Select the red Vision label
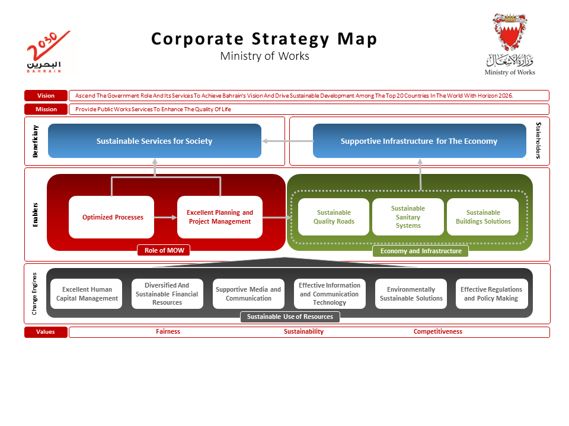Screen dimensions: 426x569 (x=46, y=95)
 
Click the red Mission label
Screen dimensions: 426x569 (x=46, y=109)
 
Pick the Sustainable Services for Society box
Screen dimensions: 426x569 (x=154, y=141)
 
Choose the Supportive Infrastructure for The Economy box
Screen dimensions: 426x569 (x=419, y=141)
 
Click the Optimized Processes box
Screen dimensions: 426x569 (x=112, y=217)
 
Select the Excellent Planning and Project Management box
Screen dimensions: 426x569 (x=219, y=217)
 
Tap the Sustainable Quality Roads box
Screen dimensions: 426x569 (x=334, y=217)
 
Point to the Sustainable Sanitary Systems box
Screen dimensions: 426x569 (x=408, y=217)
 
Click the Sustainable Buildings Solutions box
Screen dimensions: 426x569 (x=482, y=217)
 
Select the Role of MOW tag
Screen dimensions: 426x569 (x=164, y=250)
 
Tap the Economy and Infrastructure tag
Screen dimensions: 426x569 (x=420, y=251)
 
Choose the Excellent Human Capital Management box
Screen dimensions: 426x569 (x=87, y=294)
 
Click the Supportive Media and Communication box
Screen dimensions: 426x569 (x=248, y=294)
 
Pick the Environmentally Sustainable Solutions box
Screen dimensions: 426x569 (x=411, y=294)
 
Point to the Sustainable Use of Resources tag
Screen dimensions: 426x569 (x=290, y=317)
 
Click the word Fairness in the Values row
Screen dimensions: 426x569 (x=168, y=332)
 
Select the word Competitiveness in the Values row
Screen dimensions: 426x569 (x=437, y=332)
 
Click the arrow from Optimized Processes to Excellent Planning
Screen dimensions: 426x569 (x=165, y=218)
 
